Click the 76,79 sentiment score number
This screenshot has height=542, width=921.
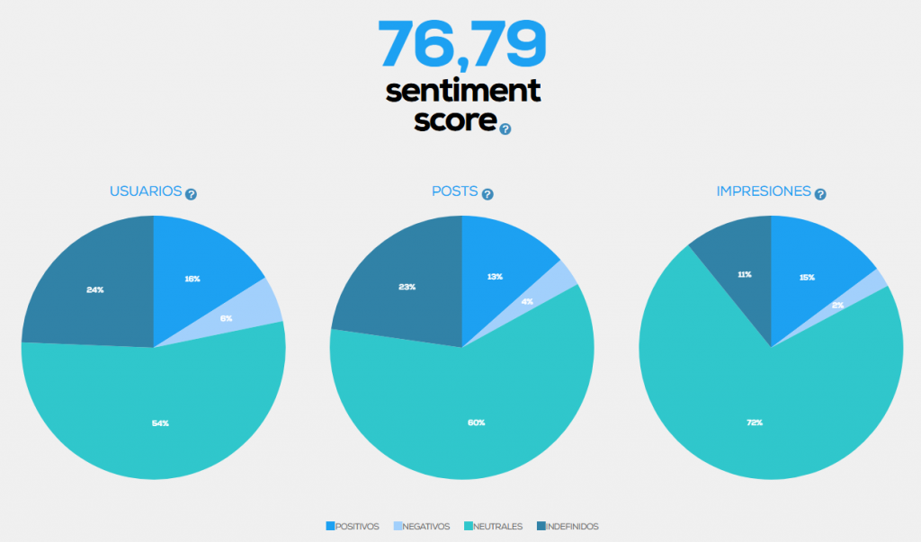coord(462,42)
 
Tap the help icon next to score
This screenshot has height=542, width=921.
coord(505,129)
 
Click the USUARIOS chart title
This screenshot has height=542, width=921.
coord(146,191)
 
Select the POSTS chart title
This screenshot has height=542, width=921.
coord(454,191)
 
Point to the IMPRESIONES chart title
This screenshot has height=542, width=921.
coord(764,191)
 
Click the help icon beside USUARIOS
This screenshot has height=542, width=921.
coord(191,193)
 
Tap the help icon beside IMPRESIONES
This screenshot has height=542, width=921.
coord(820,193)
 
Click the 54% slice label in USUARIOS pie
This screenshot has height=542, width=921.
coord(160,422)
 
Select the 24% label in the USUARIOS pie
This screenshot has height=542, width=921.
coord(95,289)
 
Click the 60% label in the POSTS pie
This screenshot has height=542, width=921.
coord(477,422)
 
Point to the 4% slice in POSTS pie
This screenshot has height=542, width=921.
coord(527,301)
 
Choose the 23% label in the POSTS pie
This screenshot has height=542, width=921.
coord(407,288)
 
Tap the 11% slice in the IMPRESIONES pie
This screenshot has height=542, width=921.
coord(744,274)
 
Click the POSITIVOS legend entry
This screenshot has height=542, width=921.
coord(353,527)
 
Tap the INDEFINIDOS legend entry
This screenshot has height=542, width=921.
coord(568,527)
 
